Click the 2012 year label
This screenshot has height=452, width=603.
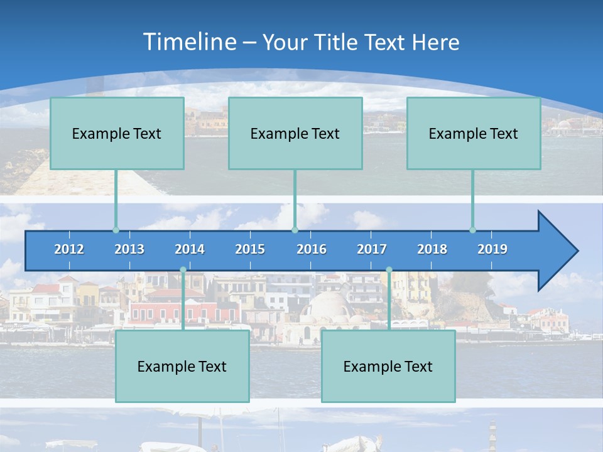click(69, 249)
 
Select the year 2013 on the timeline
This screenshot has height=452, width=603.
click(129, 249)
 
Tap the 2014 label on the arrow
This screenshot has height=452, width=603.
click(190, 249)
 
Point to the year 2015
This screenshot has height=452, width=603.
click(250, 249)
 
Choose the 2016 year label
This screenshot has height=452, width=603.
click(312, 249)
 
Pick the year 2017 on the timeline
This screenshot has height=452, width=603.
click(372, 249)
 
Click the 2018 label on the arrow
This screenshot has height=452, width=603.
click(432, 249)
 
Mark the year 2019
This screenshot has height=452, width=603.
click(492, 249)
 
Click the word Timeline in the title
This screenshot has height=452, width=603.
click(189, 42)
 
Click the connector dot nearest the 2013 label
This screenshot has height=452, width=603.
click(116, 230)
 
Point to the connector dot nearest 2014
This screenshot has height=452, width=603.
click(183, 270)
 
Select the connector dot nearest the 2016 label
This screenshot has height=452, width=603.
click(295, 230)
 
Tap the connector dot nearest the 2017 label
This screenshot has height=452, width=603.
click(389, 270)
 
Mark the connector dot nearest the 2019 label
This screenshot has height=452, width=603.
click(472, 230)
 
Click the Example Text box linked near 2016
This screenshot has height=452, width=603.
click(295, 133)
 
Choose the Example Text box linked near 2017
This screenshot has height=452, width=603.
click(388, 366)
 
